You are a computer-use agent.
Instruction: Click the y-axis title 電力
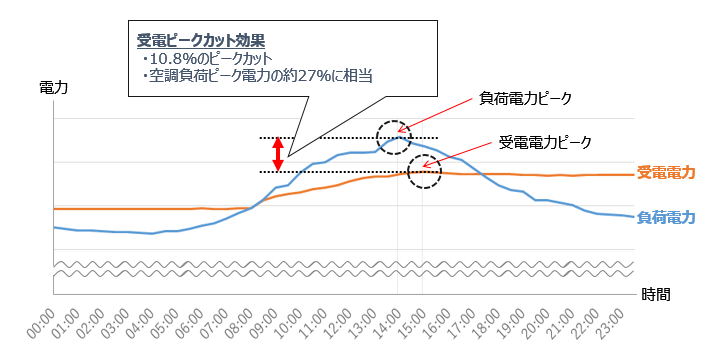point(52,88)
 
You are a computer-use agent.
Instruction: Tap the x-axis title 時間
point(655,294)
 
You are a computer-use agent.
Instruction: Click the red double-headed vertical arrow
point(279,154)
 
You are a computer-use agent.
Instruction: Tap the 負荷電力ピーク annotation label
point(525,99)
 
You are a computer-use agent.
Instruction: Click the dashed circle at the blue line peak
point(393,136)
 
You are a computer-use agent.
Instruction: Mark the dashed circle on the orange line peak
point(424,172)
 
